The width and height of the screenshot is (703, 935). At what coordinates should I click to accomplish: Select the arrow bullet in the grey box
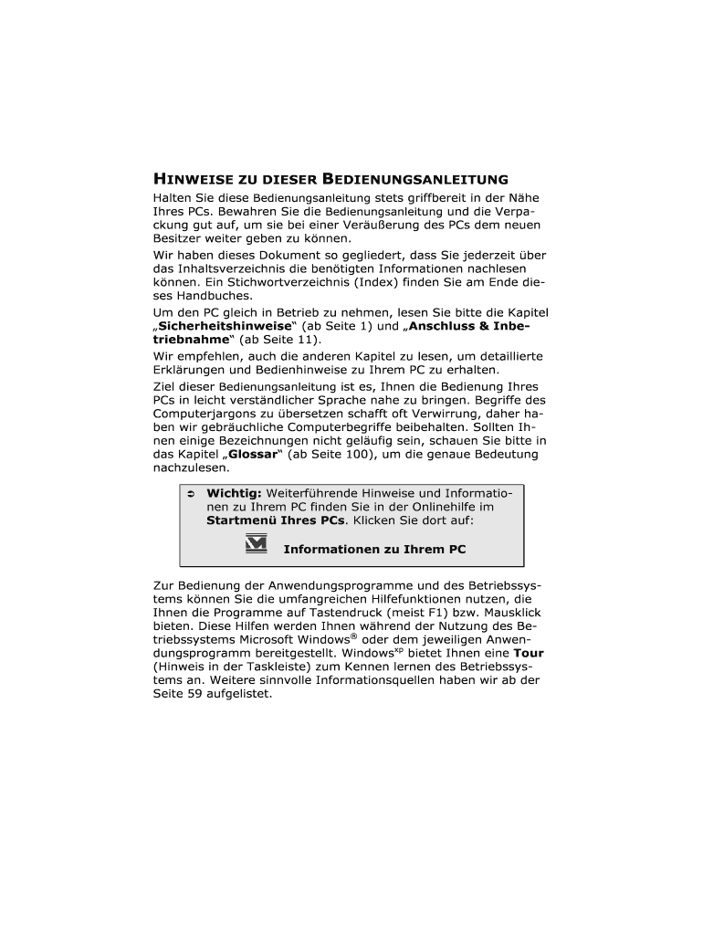pyautogui.click(x=192, y=494)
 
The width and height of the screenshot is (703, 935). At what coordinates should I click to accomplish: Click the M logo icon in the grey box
pyautogui.click(x=257, y=545)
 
